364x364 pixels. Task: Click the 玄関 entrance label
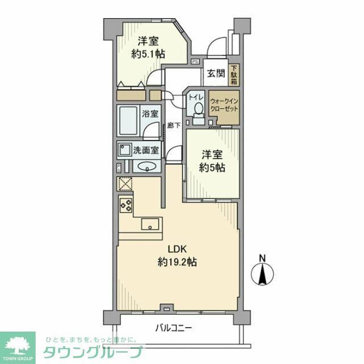[x=216, y=73]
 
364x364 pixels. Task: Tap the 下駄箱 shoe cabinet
[x=234, y=73]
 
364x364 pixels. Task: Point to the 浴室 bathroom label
[x=150, y=113]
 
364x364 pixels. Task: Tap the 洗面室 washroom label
[x=146, y=151]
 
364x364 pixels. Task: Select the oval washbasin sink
[x=146, y=167]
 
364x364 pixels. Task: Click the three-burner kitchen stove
[x=125, y=205]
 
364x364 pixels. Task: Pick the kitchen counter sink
[x=150, y=224]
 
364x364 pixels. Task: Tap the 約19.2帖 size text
[x=177, y=262]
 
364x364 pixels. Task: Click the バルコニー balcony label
[x=174, y=328]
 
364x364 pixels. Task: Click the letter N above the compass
[x=262, y=258]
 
